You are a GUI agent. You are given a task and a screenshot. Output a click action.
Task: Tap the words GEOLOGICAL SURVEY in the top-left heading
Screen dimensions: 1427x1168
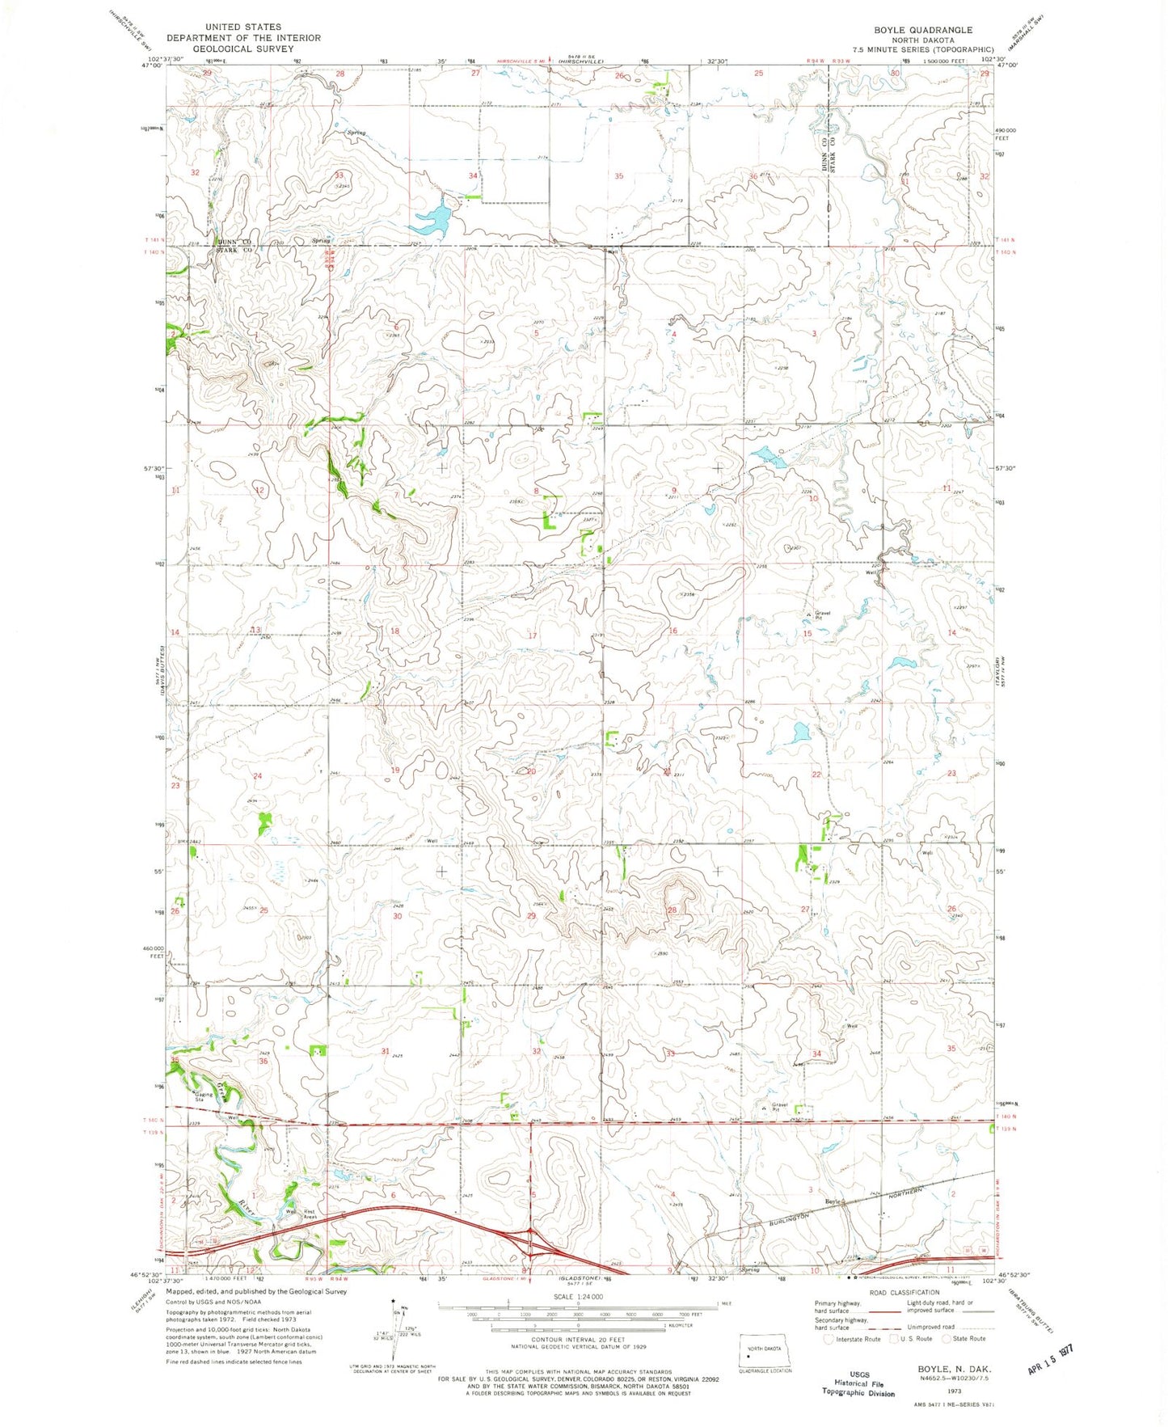[243, 49]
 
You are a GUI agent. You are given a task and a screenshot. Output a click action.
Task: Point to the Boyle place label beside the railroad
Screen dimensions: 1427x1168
[834, 1201]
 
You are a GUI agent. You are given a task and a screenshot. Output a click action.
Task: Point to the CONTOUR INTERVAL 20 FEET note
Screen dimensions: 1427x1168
[577, 1339]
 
